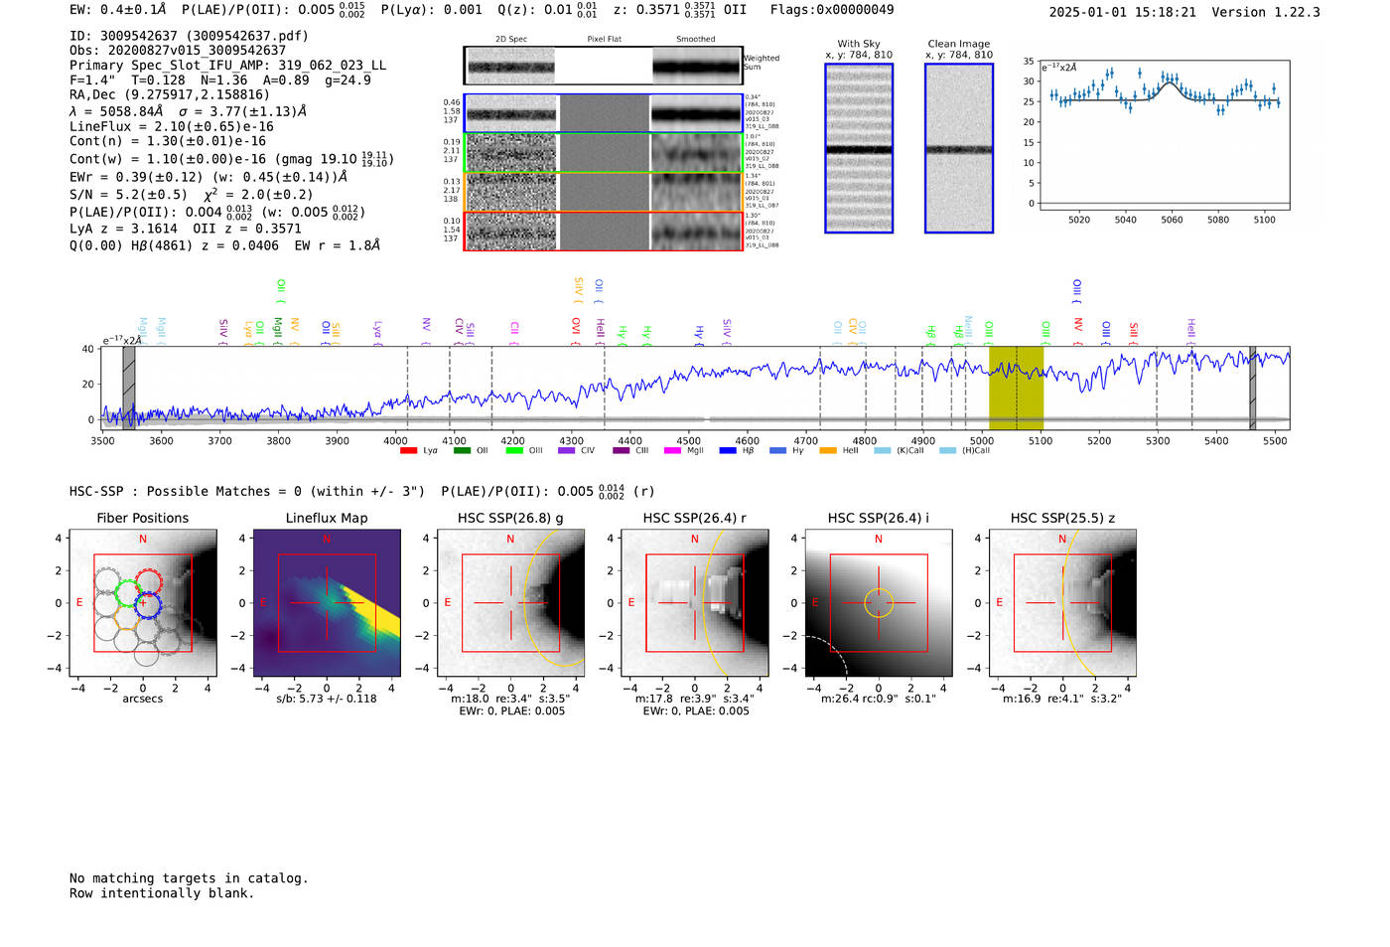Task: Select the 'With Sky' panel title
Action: point(859,44)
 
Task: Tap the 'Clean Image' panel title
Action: point(958,44)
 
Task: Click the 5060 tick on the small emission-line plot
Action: point(1172,220)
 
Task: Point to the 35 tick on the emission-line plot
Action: point(1029,62)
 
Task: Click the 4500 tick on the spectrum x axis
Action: point(688,441)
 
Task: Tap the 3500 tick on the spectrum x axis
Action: point(102,441)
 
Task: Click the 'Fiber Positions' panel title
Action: point(143,518)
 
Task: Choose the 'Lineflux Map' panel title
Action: point(327,518)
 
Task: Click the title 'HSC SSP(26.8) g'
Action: point(510,518)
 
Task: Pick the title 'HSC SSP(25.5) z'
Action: point(1062,518)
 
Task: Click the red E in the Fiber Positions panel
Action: point(79,603)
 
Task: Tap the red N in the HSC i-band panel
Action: point(879,540)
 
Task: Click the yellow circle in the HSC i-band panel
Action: point(879,603)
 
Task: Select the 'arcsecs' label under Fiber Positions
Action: point(143,699)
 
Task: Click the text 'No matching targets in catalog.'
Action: point(189,878)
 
